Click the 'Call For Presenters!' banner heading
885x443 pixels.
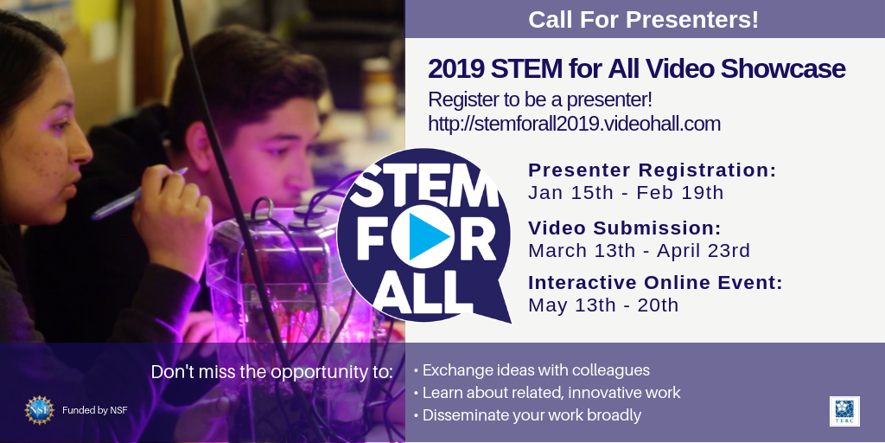(643, 20)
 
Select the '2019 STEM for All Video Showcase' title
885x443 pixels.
(637, 69)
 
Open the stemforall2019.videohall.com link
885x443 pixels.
(574, 124)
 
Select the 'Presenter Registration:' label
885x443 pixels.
(653, 170)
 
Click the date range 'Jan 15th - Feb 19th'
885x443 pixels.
(626, 193)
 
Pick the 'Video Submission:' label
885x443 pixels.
(625, 228)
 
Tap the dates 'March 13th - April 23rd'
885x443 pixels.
(640, 250)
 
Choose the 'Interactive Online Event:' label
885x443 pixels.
(655, 283)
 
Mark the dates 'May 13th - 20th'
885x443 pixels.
(603, 305)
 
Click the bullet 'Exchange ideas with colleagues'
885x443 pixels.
(532, 370)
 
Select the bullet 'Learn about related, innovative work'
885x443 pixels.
(547, 393)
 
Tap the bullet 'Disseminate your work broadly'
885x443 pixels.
(527, 415)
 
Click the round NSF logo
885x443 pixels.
(40, 410)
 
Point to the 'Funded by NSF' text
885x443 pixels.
(95, 410)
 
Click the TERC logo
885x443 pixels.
(844, 411)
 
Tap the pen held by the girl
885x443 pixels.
(139, 194)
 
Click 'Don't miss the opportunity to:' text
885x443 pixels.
(271, 372)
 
